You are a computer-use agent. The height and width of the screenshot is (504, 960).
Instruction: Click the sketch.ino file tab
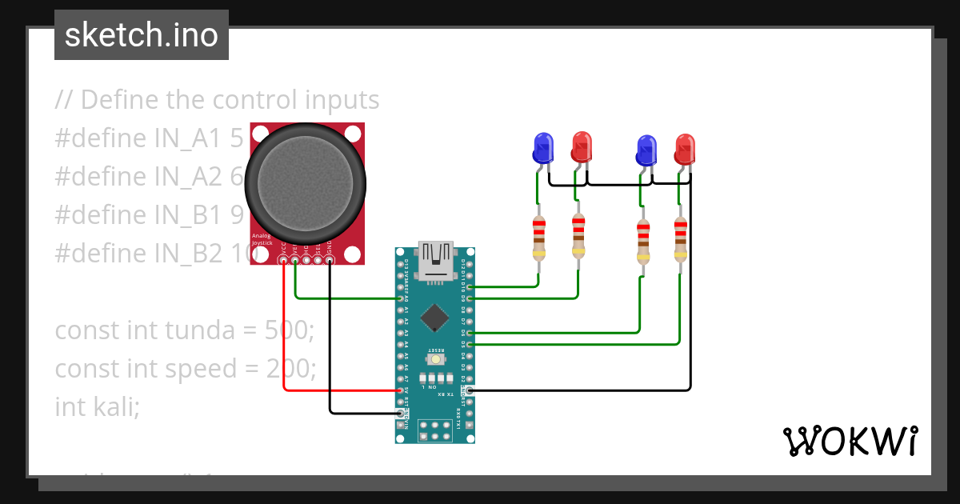[141, 35]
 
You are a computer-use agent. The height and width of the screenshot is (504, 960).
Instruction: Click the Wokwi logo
[850, 441]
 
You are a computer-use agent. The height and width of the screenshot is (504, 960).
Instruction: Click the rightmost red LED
[685, 150]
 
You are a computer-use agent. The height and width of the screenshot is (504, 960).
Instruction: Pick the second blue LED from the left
[646, 150]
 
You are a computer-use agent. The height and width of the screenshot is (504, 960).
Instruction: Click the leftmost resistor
[538, 238]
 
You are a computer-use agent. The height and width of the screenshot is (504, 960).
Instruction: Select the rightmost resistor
[680, 240]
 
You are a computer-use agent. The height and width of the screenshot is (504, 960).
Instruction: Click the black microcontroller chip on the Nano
[434, 317]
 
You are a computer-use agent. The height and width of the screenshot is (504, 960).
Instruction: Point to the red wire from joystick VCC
[284, 336]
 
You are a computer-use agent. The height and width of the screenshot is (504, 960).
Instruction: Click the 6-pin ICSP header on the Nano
[435, 430]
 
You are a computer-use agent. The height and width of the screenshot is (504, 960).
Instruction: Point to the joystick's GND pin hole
[330, 260]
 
